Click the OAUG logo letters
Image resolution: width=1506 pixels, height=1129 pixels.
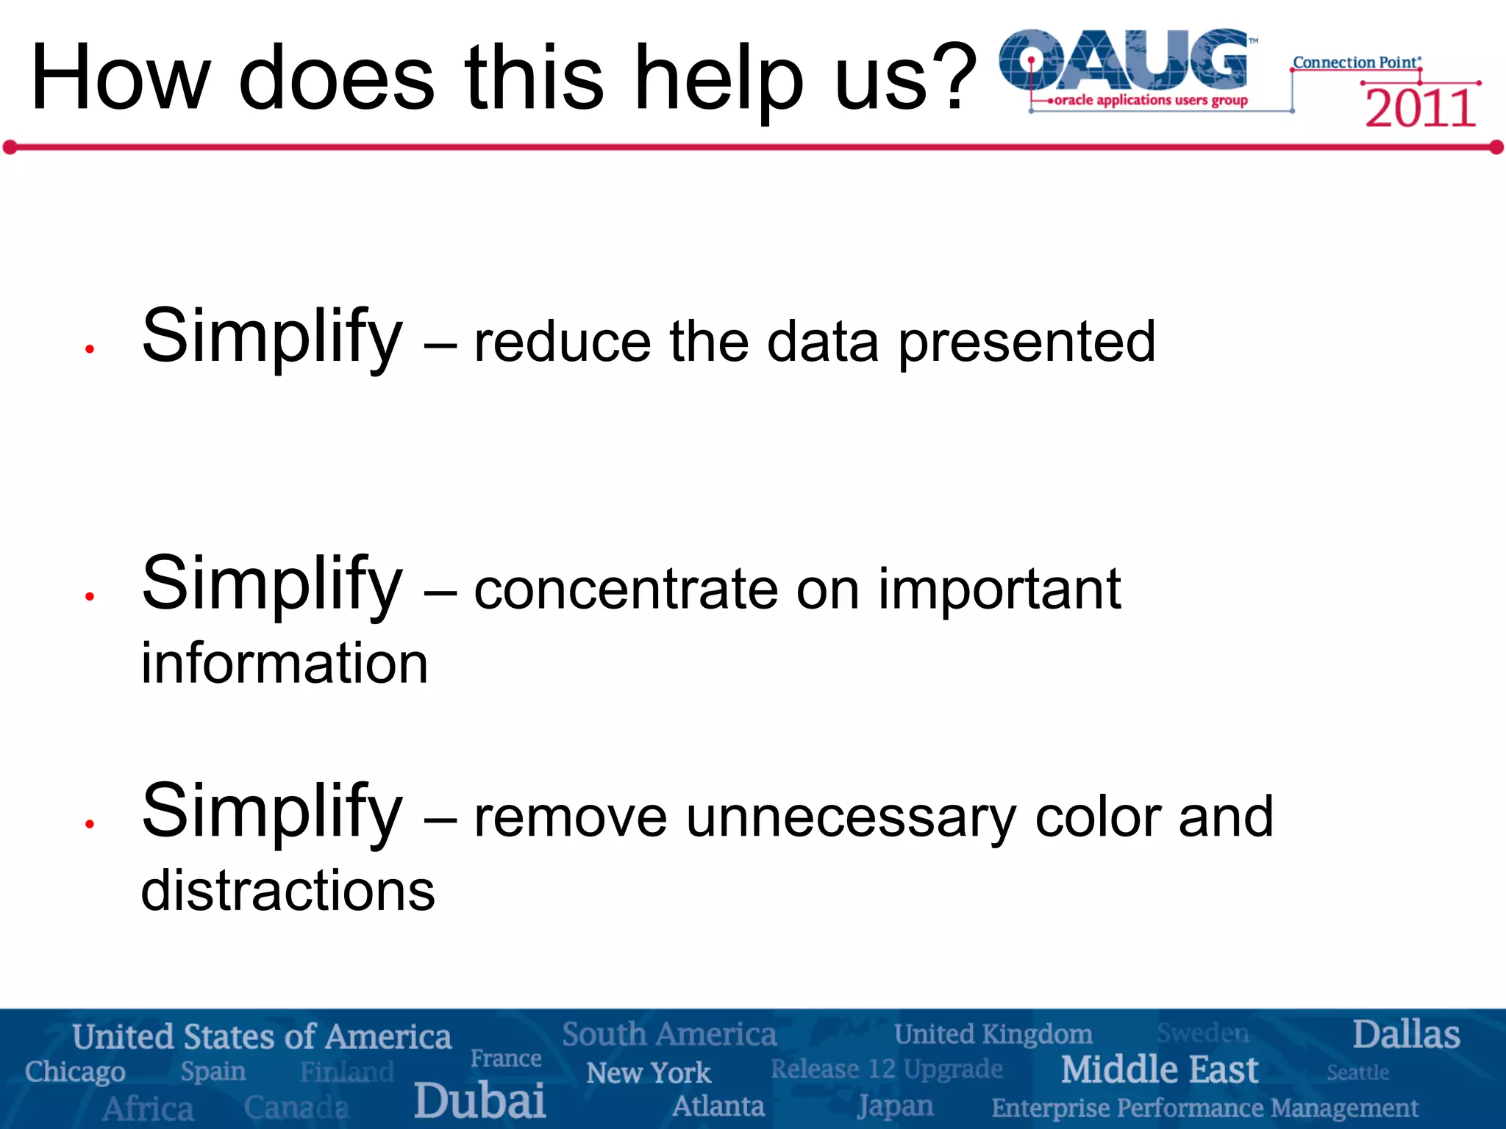click(1125, 60)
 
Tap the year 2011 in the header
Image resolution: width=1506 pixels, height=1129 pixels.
click(1420, 109)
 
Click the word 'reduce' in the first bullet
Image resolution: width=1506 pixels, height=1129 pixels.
click(563, 342)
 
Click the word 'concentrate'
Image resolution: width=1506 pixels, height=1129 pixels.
click(626, 589)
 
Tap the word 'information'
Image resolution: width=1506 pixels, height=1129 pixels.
click(285, 663)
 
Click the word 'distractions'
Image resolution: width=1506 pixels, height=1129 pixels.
click(288, 891)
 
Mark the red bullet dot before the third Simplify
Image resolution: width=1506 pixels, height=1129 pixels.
click(90, 825)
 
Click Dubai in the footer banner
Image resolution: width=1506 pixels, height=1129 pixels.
click(479, 1100)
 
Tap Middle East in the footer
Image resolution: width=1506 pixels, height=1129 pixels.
click(1160, 1069)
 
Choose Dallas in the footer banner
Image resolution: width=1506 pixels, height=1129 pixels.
click(1406, 1035)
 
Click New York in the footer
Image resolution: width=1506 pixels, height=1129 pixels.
click(649, 1073)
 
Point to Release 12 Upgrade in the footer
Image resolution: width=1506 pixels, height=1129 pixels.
click(886, 1069)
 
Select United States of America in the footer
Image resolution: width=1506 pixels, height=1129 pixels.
click(262, 1037)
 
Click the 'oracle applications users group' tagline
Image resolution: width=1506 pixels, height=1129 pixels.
click(1150, 100)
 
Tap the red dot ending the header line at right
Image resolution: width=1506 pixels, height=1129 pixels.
click(1496, 148)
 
